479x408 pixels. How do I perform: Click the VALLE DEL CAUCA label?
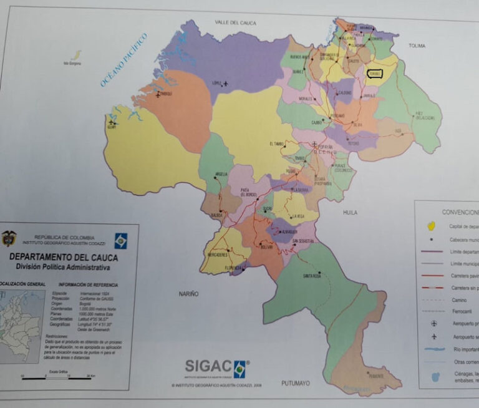[x=236, y=22]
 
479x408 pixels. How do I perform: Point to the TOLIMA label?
[x=417, y=46]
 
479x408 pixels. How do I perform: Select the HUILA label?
[x=350, y=212]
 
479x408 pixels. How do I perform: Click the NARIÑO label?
[x=188, y=293]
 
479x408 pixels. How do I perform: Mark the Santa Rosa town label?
[x=312, y=276]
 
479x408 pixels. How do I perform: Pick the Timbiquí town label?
[x=165, y=94]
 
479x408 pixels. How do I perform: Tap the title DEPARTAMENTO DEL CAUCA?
[x=63, y=257]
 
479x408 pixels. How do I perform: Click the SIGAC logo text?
[x=208, y=366]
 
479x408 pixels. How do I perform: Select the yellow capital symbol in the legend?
[x=430, y=225]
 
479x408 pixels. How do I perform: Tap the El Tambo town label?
[x=278, y=144]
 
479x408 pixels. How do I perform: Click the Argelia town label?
[x=221, y=174]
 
